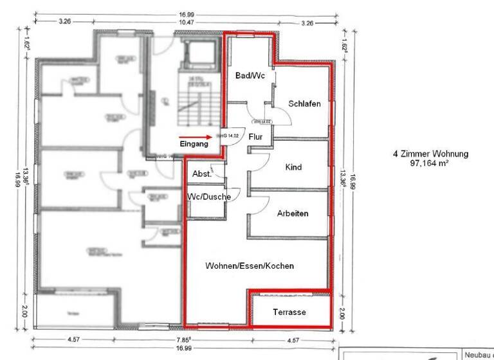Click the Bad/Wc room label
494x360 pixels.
250,76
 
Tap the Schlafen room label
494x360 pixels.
304,104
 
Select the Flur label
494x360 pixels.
256,136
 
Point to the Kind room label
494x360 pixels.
293,167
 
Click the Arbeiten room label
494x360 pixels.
293,213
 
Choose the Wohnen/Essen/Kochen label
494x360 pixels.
250,265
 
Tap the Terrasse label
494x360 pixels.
289,312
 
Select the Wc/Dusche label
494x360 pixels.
208,196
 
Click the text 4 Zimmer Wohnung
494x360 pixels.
430,154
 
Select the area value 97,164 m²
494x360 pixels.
430,163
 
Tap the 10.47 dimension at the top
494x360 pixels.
187,22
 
